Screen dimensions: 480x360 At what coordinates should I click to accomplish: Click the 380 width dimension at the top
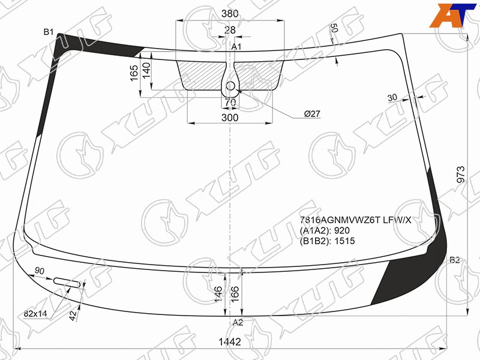tap(230, 13)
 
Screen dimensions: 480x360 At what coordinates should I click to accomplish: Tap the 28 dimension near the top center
tap(230, 30)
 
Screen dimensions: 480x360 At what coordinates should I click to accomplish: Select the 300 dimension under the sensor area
tap(230, 118)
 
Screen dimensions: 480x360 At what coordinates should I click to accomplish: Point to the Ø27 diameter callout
tap(312, 114)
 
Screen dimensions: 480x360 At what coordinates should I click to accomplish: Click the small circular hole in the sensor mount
tap(230, 86)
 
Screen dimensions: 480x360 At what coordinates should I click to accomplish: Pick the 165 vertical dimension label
tap(134, 73)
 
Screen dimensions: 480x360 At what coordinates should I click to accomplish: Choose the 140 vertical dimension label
tap(146, 70)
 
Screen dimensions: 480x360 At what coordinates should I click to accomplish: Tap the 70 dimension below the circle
tap(230, 103)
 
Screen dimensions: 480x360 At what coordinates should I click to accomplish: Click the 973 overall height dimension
tap(460, 175)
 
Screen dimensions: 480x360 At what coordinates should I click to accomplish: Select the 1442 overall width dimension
tap(230, 341)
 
